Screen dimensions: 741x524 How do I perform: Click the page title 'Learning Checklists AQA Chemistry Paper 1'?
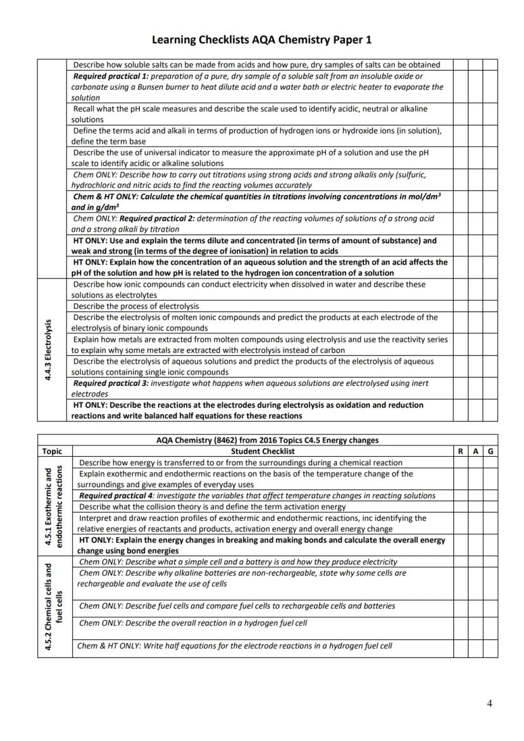click(261, 40)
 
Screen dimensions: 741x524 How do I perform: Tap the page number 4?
click(489, 703)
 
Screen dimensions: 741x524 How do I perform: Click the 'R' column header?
click(460, 451)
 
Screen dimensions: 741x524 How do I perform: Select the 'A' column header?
click(475, 451)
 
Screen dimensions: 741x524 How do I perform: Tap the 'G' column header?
click(490, 451)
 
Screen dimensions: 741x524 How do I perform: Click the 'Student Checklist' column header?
click(263, 451)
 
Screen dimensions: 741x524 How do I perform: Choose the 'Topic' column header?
click(52, 451)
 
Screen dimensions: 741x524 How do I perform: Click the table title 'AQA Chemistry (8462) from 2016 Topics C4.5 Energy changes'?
click(267, 440)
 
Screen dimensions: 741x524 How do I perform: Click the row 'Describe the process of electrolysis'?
click(136, 306)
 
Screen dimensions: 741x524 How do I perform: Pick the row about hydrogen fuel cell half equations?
click(235, 646)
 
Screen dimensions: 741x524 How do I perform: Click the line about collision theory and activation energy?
click(213, 507)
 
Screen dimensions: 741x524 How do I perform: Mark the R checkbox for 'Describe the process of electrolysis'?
click(460, 306)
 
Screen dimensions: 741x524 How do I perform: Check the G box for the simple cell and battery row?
click(490, 561)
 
